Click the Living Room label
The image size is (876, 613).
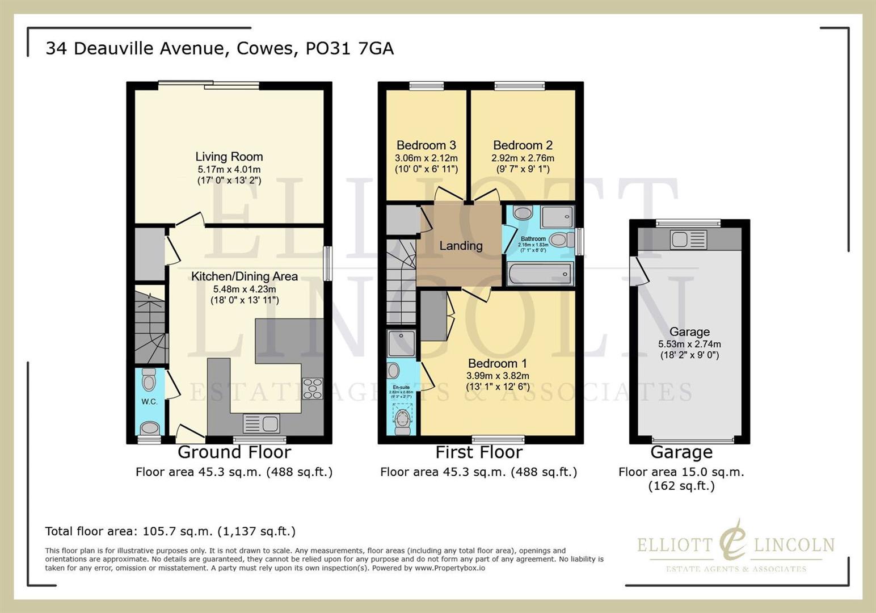point(229,157)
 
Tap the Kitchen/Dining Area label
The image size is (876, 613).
point(244,276)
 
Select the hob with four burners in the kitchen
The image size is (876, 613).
point(313,388)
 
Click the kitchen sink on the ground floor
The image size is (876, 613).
point(261,423)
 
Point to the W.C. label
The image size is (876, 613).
point(149,401)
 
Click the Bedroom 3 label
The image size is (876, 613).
point(426,145)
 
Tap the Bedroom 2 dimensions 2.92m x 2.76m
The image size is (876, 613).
point(523,158)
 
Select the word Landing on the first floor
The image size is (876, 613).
point(461,246)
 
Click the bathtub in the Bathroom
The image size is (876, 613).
point(540,275)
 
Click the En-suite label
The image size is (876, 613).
point(401,387)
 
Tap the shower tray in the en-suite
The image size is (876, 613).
point(401,343)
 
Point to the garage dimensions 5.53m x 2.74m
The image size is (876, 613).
point(689,344)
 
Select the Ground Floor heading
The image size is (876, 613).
point(234,452)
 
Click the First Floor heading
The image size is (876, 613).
point(478,452)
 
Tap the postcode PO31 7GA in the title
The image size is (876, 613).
point(349,48)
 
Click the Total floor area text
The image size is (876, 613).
point(170,531)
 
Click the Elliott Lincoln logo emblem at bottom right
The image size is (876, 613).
point(733,541)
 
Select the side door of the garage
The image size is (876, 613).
point(638,271)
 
